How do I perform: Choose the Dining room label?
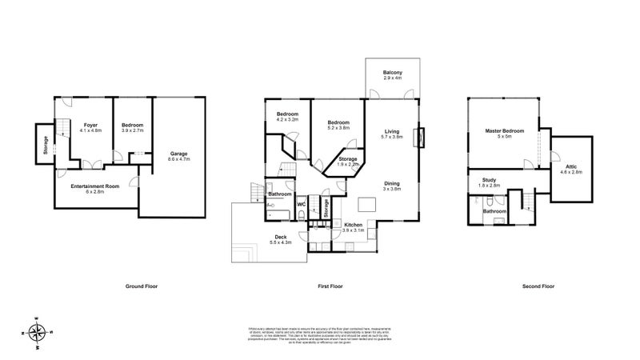[x=391, y=186]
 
